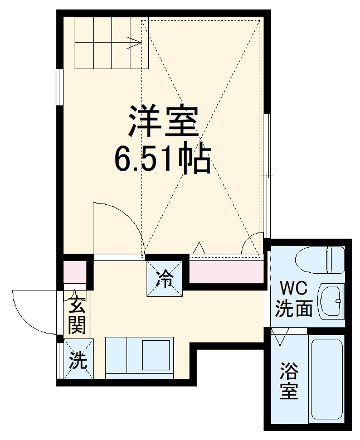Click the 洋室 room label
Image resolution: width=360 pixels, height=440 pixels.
(164, 121)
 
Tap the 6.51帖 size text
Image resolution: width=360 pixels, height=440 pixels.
(162, 159)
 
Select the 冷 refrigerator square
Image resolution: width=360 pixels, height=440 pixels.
(164, 278)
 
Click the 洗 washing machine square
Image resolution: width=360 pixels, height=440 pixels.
(77, 360)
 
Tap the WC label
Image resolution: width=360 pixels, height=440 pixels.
(293, 288)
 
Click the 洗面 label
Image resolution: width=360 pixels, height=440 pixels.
(294, 308)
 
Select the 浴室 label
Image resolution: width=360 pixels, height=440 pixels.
(289, 380)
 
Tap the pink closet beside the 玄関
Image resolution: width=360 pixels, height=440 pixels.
(74, 270)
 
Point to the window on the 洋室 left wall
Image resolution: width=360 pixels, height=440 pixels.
(59, 86)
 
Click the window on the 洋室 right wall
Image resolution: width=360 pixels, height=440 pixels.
(267, 175)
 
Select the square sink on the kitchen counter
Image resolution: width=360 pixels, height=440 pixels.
(158, 353)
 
